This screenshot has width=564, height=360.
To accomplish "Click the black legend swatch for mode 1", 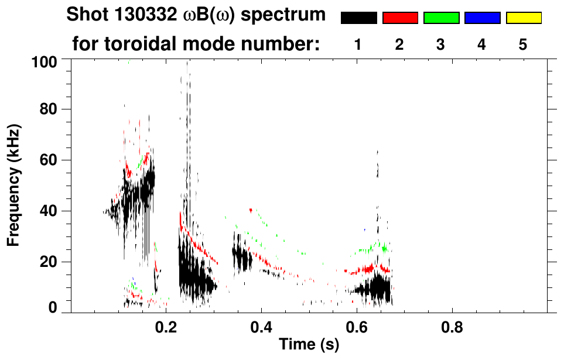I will click(358, 18).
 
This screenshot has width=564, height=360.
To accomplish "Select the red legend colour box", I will click(400, 18).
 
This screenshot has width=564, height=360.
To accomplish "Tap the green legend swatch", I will click(441, 18).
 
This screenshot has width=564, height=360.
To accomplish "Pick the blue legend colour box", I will click(482, 18).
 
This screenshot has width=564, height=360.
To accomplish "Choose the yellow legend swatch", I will click(524, 18).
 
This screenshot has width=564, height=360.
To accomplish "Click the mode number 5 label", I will click(522, 44).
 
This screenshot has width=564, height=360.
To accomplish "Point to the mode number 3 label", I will click(440, 44).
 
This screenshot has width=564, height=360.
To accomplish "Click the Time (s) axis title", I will click(309, 345).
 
